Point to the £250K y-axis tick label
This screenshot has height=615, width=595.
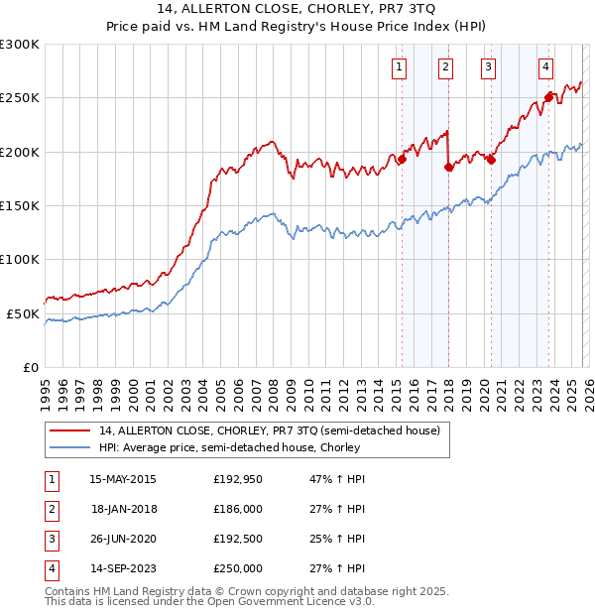coord(20,98)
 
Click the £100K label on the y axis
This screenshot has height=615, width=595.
coord(20,259)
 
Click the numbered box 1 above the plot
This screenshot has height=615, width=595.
coord(399,67)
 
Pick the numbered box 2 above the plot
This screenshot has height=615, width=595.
coord(445,67)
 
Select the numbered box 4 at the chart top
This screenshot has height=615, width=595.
coord(546,67)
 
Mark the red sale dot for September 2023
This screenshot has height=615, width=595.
coord(547,97)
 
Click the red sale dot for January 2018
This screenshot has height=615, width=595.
coord(448,167)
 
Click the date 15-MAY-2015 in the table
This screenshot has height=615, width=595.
coord(122,479)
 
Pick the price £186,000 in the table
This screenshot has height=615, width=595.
coord(238,509)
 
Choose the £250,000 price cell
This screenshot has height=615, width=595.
coord(238,568)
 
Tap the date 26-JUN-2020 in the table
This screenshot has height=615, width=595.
coord(122,539)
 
